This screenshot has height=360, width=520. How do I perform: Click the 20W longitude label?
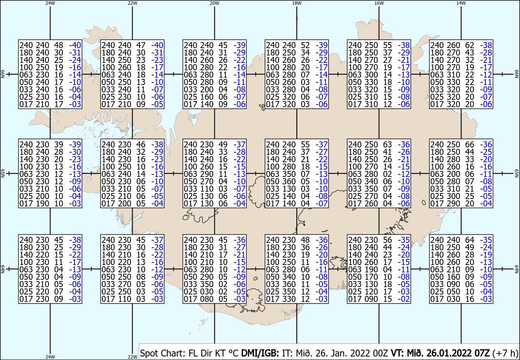pyautogui.click(x=214, y=3)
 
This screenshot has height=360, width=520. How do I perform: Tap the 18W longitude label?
pyautogui.click(x=297, y=3)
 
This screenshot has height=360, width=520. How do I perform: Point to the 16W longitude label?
pyautogui.click(x=379, y=3)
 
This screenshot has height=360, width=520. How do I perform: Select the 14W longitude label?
pyautogui.click(x=461, y=3)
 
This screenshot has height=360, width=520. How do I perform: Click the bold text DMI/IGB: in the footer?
pyautogui.click(x=260, y=353)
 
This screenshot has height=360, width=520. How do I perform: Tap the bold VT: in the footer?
pyautogui.click(x=398, y=353)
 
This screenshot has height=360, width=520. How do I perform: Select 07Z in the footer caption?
pyautogui.click(x=481, y=353)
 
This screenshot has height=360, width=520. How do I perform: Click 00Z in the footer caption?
pyautogui.click(x=380, y=353)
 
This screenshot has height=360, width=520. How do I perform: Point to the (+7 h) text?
pyautogui.click(x=505, y=353)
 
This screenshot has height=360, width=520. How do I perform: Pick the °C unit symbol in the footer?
pyautogui.click(x=234, y=353)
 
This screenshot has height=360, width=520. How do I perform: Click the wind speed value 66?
pyautogui.click(x=469, y=144)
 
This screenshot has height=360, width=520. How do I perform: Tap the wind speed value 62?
pyautogui.click(x=469, y=45)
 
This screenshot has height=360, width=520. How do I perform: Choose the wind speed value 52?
pyautogui.click(x=305, y=45)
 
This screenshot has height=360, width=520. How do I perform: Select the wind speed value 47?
pyautogui.click(x=141, y=45)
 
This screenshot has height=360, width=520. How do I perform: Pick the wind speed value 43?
pyautogui.click(x=469, y=53)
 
